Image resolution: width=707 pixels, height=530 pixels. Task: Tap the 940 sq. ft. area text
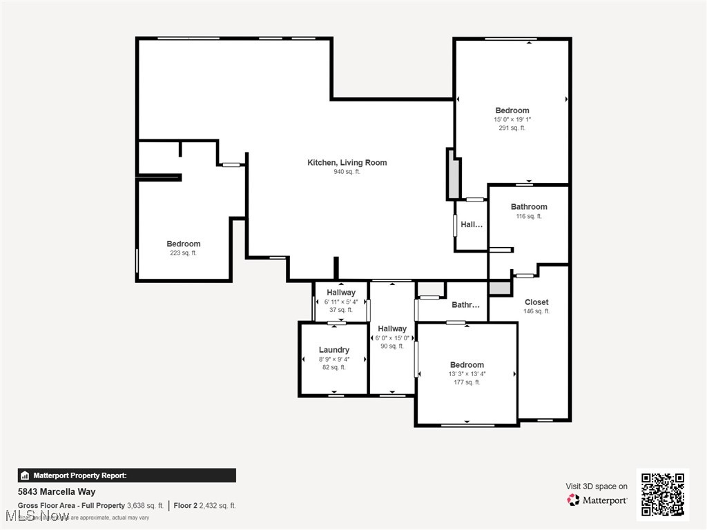[347, 172]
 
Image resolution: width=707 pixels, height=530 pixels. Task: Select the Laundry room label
[334, 350]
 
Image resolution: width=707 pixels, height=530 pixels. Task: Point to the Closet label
[536, 302]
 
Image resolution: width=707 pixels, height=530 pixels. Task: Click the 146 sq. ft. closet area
[536, 311]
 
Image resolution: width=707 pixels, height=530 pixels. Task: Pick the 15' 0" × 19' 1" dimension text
[512, 119]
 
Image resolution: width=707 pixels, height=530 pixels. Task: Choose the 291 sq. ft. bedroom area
[512, 128]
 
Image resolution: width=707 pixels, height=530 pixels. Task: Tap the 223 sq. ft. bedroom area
[183, 253]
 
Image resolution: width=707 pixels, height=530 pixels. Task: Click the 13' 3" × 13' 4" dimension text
[467, 374]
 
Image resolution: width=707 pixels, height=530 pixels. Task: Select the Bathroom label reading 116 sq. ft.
[529, 207]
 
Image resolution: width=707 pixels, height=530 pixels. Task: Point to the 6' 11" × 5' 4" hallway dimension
[341, 302]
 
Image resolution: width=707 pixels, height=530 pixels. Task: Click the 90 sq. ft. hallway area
[391, 346]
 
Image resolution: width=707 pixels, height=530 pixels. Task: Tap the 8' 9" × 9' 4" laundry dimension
[334, 359]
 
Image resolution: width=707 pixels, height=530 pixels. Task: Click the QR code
[662, 494]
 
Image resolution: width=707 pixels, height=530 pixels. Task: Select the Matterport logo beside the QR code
[597, 500]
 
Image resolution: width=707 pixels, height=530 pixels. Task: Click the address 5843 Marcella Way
[57, 492]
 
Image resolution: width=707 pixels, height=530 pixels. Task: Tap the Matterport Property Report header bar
[126, 475]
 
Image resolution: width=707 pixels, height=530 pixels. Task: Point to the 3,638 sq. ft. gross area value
[145, 506]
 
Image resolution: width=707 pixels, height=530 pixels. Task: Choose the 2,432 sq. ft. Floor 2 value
[218, 506]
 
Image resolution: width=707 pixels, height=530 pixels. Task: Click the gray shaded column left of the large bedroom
[454, 177]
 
